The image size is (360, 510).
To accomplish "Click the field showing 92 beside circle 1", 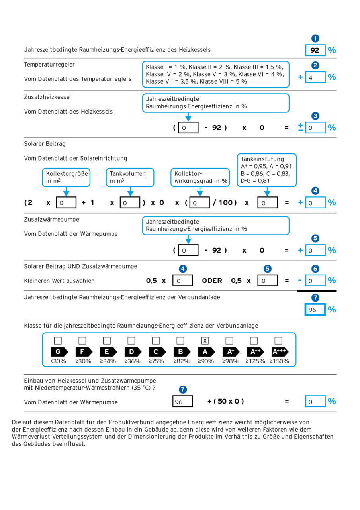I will click(315, 51).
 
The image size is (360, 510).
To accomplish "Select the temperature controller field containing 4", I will click(315, 77).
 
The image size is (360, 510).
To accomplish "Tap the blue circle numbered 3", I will click(315, 116).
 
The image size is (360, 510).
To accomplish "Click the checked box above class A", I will click(205, 341).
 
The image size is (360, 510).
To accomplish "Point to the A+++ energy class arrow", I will click(280, 352).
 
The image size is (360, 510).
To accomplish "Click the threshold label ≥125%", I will click(255, 361).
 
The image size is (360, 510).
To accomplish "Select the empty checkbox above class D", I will click(131, 341).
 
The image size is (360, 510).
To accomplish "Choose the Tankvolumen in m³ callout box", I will click(130, 177).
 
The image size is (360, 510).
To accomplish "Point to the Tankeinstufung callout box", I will click(267, 170).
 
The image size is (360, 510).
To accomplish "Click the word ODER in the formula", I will click(212, 280).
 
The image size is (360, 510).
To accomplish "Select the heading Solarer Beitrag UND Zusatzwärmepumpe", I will click(80, 266).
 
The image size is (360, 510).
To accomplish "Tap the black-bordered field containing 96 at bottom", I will click(183, 402).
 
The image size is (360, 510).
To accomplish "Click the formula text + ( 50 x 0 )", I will click(225, 401).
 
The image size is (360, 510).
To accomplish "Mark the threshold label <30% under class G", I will click(58, 361).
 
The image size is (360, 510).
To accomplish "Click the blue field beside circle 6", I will click(315, 281).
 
